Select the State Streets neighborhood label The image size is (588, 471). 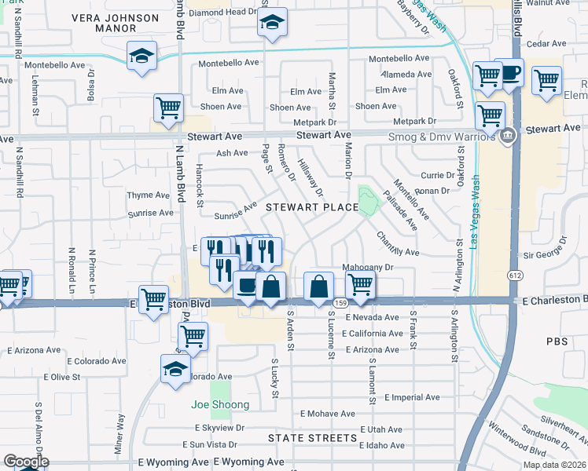tap(312, 437)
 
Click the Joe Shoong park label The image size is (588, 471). tap(220, 405)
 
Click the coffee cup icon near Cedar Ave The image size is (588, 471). tap(509, 73)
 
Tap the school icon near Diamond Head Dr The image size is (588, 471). tap(272, 24)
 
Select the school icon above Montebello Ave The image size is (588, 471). tap(141, 56)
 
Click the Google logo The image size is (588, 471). tap(26, 462)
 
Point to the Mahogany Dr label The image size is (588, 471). tap(367, 268)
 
